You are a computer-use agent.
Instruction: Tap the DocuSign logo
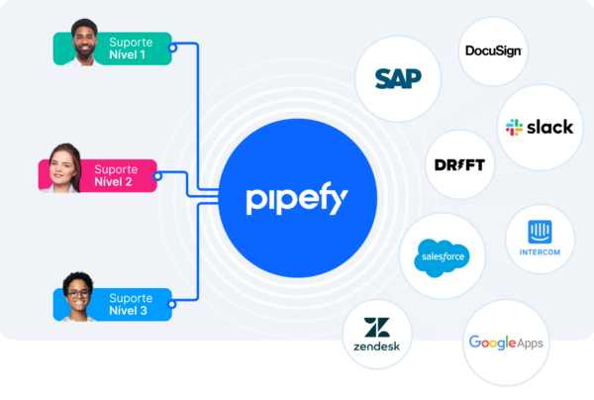coord(493,50)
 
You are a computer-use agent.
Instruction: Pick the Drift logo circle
coord(460,164)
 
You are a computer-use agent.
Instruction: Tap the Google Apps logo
coord(505,344)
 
